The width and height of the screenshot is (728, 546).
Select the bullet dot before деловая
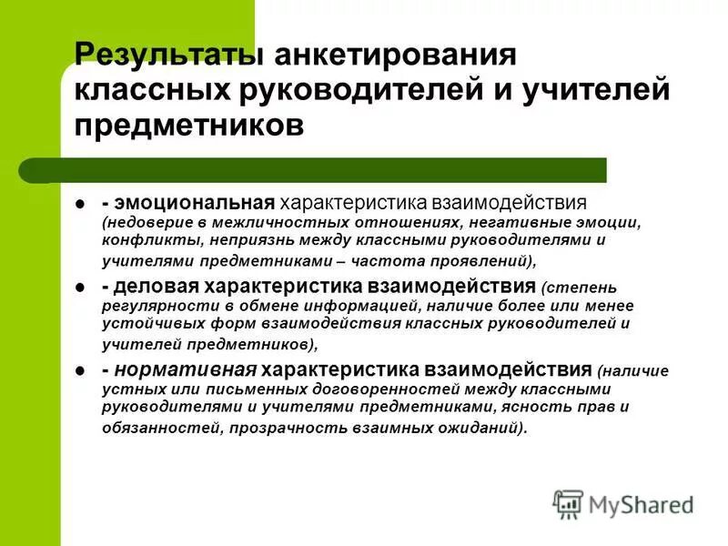[x=80, y=288]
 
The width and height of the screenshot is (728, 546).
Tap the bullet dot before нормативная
[x=80, y=370]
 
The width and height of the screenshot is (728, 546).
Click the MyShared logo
[x=622, y=503]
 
